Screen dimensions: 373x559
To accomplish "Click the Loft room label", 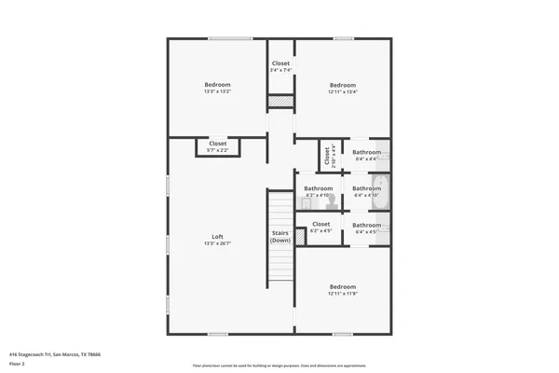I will (217, 236).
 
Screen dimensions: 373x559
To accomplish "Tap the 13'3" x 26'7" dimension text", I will (217, 243).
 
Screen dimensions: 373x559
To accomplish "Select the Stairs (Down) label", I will (280, 236).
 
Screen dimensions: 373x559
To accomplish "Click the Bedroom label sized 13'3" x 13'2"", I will (217, 85).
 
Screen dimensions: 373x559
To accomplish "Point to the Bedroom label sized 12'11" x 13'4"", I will (342, 85).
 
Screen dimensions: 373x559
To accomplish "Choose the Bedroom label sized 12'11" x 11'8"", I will (342, 286).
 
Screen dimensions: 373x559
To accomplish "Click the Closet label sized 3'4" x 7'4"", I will (280, 63).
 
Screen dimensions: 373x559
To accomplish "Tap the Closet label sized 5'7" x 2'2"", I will (217, 144).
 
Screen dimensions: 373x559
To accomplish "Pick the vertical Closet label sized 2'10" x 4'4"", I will (327, 155).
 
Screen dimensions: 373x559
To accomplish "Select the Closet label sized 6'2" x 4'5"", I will (320, 224).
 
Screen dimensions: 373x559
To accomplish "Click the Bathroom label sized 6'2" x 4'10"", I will (318, 188).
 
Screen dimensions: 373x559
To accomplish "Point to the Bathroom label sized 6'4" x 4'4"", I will (366, 152).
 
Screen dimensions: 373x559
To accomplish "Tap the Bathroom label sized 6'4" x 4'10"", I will (366, 188).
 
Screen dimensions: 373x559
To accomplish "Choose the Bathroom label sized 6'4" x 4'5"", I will (366, 225).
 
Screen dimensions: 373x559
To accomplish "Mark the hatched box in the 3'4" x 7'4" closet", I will (280, 101).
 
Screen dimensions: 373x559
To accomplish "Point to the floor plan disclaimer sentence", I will (279, 364).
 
